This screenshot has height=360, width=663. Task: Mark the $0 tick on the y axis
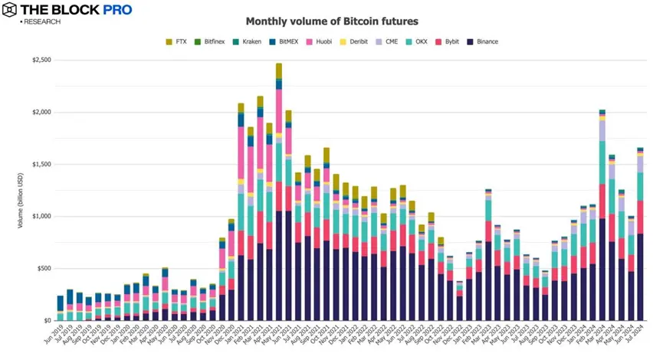(48, 320)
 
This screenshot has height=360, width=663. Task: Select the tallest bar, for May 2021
(279, 191)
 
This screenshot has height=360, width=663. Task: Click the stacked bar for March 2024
(602, 214)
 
